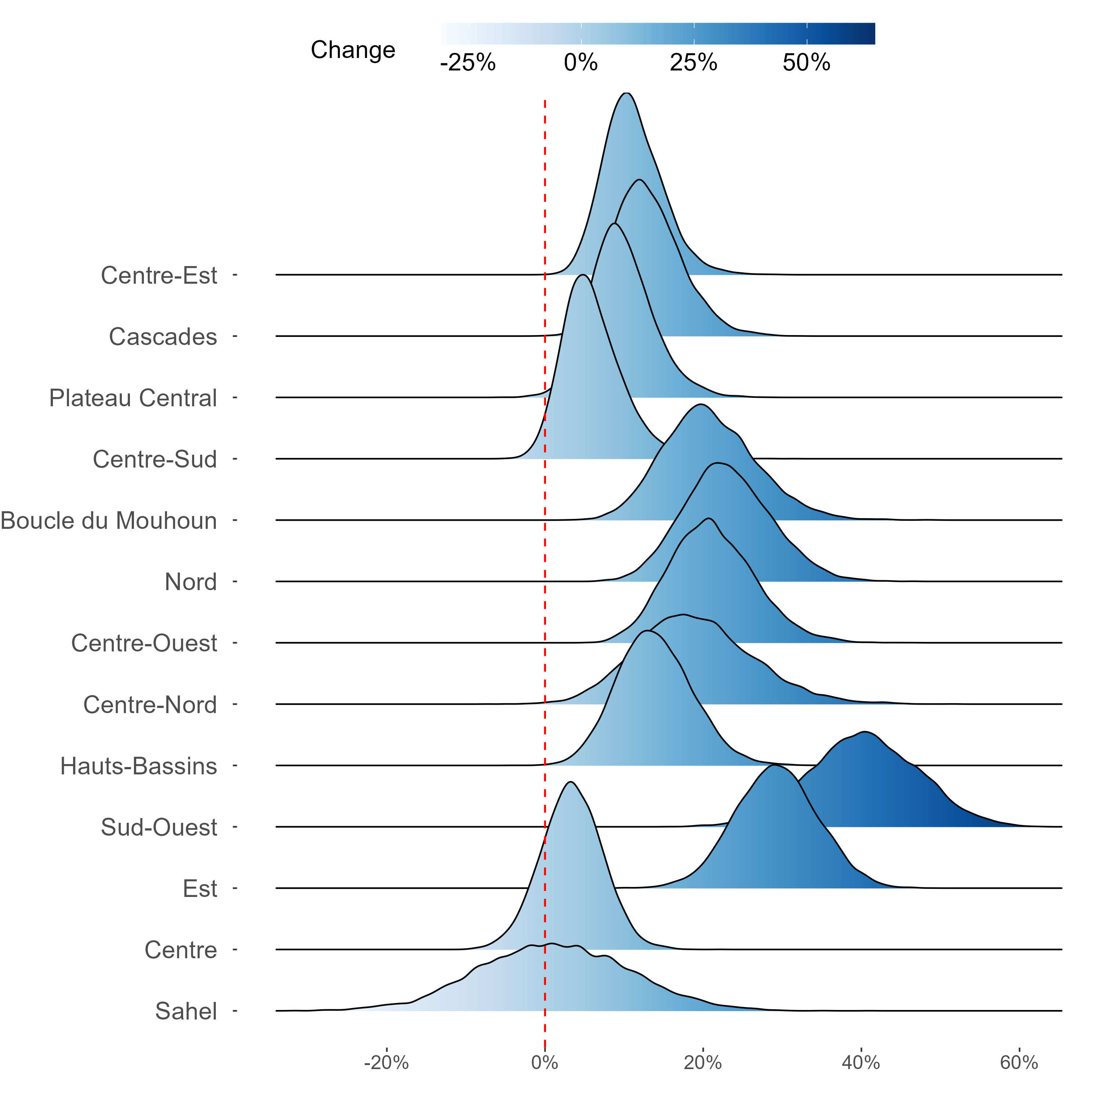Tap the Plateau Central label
(x=133, y=398)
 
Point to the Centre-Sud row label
(x=155, y=459)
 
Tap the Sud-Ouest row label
(x=159, y=828)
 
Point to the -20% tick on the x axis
(x=386, y=1063)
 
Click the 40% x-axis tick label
(x=861, y=1063)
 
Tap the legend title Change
(x=353, y=50)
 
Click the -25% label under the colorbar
(x=468, y=63)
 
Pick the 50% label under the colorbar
(x=806, y=63)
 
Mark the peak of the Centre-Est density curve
(x=626, y=93)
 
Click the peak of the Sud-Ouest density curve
(x=865, y=732)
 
